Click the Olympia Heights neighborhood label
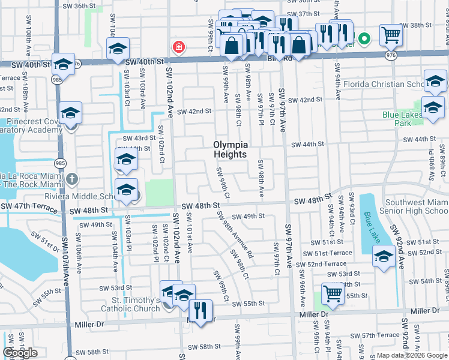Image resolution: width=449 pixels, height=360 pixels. tap(231, 149)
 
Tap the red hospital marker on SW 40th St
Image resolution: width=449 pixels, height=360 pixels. tap(178, 47)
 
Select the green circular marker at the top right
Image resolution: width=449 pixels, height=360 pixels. tap(363, 40)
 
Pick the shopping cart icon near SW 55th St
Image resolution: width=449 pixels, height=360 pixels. tap(332, 293)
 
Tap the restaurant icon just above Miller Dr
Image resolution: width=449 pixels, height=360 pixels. tap(199, 310)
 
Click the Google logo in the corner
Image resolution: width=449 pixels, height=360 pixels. tap(20, 353)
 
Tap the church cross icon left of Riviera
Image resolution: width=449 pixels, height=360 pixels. tap(73, 179)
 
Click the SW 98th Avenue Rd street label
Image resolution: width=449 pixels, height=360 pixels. tap(237, 239)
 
